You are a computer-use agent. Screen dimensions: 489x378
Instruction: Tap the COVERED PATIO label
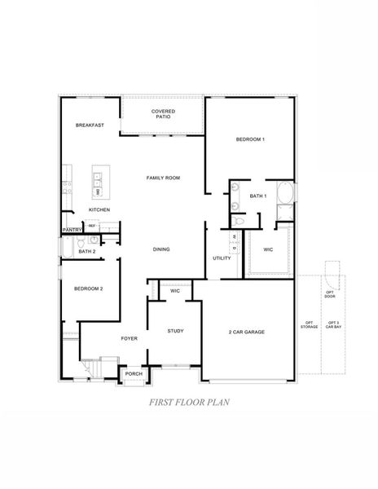(163, 114)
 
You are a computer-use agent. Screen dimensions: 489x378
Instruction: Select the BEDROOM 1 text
(250, 140)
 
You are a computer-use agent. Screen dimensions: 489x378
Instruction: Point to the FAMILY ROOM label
(163, 178)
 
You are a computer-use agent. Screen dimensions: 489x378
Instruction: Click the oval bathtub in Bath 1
(285, 194)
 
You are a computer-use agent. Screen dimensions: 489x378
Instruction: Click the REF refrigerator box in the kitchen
(92, 225)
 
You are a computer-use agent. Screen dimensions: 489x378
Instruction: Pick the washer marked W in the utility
(234, 237)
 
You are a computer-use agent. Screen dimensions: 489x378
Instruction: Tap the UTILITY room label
(222, 258)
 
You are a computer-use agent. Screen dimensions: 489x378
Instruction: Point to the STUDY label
(175, 331)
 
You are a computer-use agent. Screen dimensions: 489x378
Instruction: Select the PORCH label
(134, 374)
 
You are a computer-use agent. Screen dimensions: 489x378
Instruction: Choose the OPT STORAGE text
(310, 325)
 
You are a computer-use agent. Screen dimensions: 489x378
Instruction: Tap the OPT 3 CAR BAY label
(333, 325)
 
